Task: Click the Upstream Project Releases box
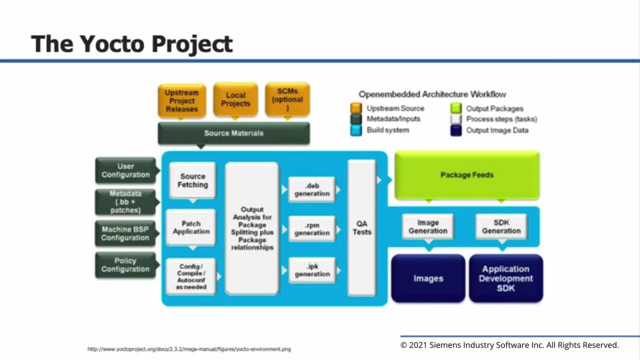[181, 100]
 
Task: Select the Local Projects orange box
[235, 99]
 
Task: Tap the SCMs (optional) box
[287, 99]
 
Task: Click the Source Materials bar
[233, 133]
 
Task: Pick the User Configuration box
[125, 170]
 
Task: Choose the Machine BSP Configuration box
[125, 233]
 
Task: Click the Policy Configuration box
[125, 265]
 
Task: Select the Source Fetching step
[192, 180]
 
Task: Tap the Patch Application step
[191, 227]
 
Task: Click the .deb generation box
[312, 189]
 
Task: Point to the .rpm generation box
[312, 229]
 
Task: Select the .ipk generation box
[312, 270]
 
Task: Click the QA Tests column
[361, 227]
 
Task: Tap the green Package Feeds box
[467, 175]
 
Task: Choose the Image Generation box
[427, 226]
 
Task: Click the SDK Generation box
[501, 226]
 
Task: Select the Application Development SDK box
[505, 278]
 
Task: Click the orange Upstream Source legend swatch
[356, 108]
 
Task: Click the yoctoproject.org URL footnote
[189, 349]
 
